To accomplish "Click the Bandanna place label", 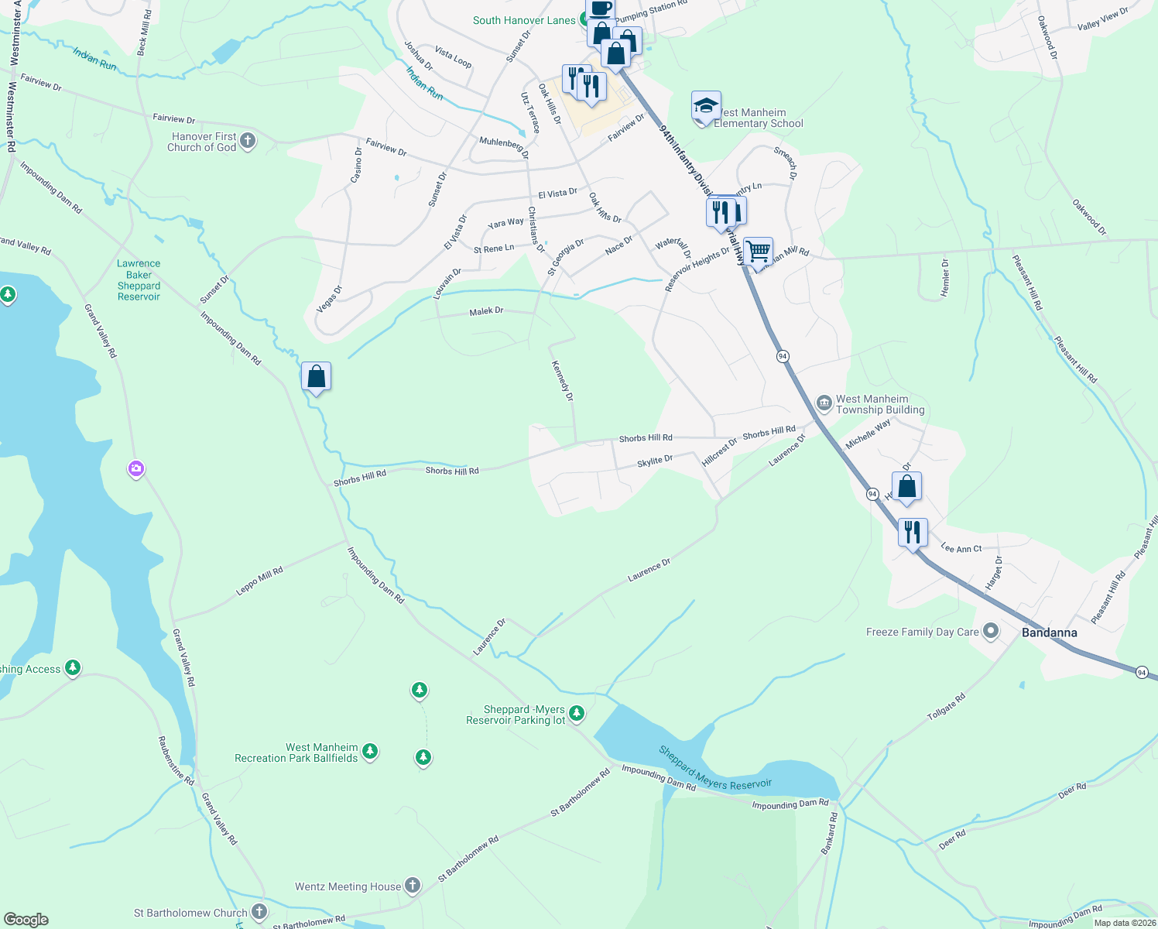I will (x=1049, y=632).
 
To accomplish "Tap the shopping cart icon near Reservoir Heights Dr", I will (x=758, y=251).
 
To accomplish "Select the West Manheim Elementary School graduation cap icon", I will (x=706, y=105).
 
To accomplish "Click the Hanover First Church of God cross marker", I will (x=248, y=141).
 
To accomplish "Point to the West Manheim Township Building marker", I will (x=824, y=403).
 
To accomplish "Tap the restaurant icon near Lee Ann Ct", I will (x=913, y=533).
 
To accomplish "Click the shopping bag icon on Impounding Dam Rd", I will (x=316, y=376).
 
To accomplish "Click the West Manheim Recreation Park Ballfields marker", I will (x=370, y=750).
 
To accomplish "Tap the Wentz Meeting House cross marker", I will (x=413, y=885).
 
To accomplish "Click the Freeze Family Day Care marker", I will (x=991, y=631).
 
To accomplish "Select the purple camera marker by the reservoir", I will (x=136, y=468).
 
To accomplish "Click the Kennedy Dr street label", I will (x=562, y=380).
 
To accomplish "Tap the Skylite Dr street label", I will (x=654, y=461).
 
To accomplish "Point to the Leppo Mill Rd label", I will (x=259, y=581).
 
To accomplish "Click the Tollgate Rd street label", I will (x=947, y=708).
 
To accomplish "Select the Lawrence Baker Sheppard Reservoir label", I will (x=139, y=279).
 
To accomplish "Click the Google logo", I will (x=26, y=920).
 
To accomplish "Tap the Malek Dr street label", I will (x=486, y=311).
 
